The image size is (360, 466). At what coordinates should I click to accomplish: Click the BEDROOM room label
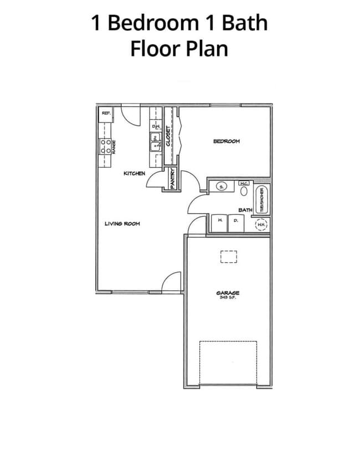227,141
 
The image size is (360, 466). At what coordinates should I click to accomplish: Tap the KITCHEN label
134,173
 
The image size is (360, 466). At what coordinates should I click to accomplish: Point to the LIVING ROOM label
122,224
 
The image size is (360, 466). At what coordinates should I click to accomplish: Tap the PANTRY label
173,179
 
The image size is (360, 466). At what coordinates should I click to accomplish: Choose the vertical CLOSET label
169,136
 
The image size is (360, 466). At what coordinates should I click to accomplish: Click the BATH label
245,210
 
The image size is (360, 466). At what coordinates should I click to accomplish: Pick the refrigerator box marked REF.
105,115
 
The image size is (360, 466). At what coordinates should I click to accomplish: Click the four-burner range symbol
105,146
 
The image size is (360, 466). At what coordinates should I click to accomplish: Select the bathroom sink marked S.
222,187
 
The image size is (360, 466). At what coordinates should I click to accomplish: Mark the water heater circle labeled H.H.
261,225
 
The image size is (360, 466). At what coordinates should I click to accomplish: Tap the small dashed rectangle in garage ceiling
228,257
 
